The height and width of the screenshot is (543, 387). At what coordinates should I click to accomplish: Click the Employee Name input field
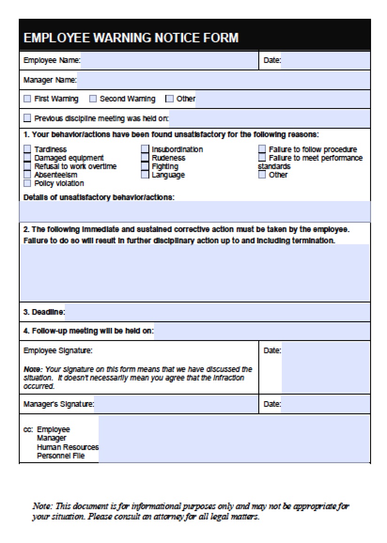[169, 61]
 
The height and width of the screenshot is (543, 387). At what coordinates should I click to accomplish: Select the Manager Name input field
[223, 80]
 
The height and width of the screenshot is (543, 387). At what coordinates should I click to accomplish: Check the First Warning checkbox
[27, 99]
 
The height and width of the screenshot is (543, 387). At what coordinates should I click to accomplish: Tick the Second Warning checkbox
[93, 99]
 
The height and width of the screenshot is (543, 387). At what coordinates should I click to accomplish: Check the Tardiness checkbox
[27, 149]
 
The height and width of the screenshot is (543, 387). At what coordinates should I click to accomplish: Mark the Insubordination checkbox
[145, 149]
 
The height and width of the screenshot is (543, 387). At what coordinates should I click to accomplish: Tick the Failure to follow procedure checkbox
[262, 149]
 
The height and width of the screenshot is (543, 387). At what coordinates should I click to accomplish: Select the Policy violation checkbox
[27, 183]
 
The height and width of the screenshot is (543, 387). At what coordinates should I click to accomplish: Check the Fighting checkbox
[145, 166]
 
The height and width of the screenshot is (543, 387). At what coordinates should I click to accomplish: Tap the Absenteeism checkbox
[27, 175]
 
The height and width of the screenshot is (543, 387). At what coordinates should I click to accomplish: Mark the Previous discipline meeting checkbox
[27, 118]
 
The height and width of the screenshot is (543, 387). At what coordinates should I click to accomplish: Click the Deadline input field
[217, 312]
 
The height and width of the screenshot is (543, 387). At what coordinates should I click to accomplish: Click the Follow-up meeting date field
[262, 331]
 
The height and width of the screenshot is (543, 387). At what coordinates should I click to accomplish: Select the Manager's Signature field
[176, 404]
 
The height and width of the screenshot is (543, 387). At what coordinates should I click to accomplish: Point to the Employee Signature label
[58, 350]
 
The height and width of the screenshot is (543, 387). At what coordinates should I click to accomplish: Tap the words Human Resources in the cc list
[68, 447]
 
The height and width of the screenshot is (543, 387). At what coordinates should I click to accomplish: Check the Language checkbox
[145, 175]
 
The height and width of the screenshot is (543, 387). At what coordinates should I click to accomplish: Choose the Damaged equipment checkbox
[27, 158]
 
